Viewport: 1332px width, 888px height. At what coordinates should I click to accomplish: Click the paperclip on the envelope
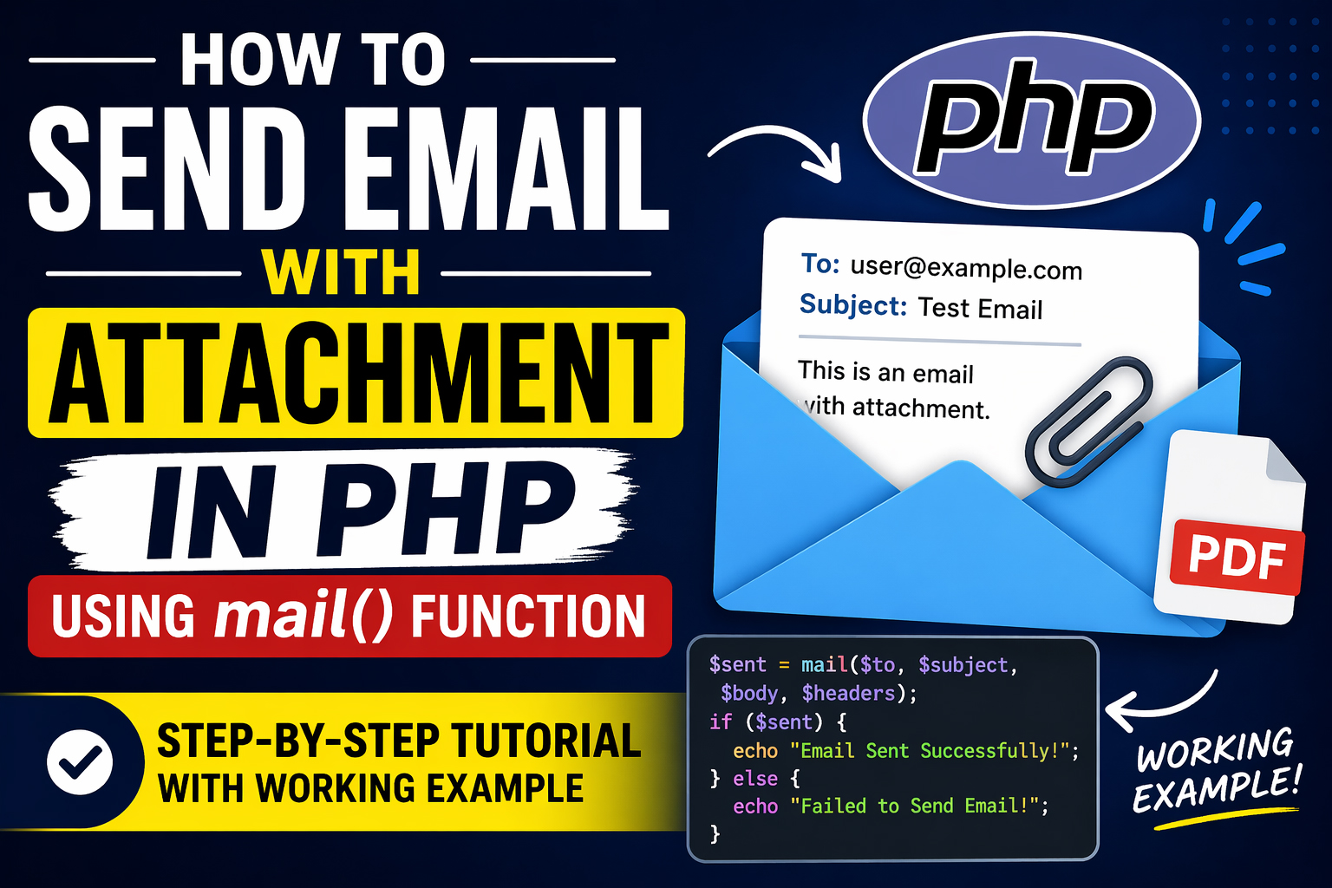(x=1089, y=421)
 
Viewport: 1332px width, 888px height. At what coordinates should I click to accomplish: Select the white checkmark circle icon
(x=80, y=762)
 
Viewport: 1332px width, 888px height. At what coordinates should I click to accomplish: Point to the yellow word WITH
(x=342, y=272)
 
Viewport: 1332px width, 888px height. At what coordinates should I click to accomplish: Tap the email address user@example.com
(x=966, y=268)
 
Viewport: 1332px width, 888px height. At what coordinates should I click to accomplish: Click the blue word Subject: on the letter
(x=853, y=304)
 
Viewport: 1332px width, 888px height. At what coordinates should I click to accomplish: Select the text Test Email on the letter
(x=981, y=308)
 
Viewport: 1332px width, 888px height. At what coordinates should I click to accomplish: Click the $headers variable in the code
(x=849, y=694)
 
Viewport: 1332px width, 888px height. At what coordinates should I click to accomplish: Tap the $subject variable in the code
(x=963, y=665)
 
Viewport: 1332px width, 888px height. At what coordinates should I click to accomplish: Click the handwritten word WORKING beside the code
(x=1215, y=749)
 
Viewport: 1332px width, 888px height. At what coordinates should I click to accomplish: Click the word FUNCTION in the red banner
(x=528, y=617)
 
